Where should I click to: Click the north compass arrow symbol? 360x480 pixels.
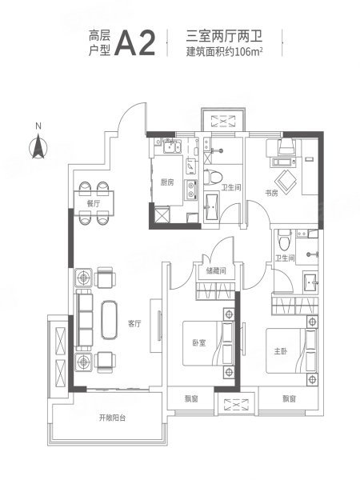pyautogui.click(x=38, y=146)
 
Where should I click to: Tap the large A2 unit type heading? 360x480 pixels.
pyautogui.click(x=135, y=43)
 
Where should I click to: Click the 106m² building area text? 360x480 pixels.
pyautogui.click(x=250, y=52)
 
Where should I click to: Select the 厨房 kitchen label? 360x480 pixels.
pyautogui.click(x=167, y=182)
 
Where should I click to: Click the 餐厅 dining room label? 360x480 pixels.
pyautogui.click(x=94, y=203)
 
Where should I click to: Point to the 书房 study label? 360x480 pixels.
pyautogui.click(x=271, y=193)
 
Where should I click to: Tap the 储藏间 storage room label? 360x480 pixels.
pyautogui.click(x=216, y=270)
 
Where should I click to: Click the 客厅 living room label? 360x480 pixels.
pyautogui.click(x=134, y=323)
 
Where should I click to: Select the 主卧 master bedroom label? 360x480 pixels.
pyautogui.click(x=281, y=351)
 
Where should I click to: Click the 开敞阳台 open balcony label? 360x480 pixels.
pyautogui.click(x=112, y=418)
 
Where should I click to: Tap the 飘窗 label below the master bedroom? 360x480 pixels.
pyautogui.click(x=290, y=399)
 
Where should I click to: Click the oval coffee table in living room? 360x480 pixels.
pyautogui.click(x=110, y=320)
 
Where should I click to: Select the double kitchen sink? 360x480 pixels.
pyautogui.click(x=171, y=146)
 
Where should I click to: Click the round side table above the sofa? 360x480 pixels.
pyautogui.click(x=83, y=278)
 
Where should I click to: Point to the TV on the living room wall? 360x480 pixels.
pyautogui.click(x=159, y=326)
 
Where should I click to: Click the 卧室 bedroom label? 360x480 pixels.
pyautogui.click(x=199, y=343)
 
